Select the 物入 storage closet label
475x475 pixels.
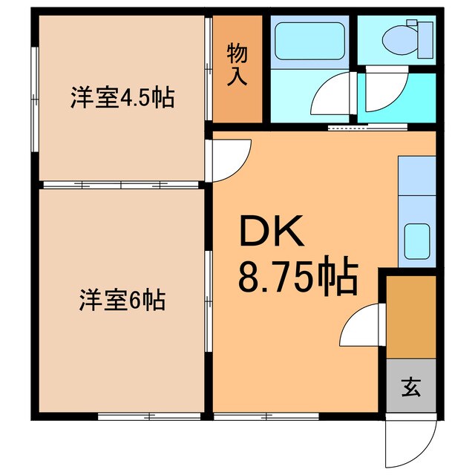(237, 65)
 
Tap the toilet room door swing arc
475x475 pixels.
(382, 93)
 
